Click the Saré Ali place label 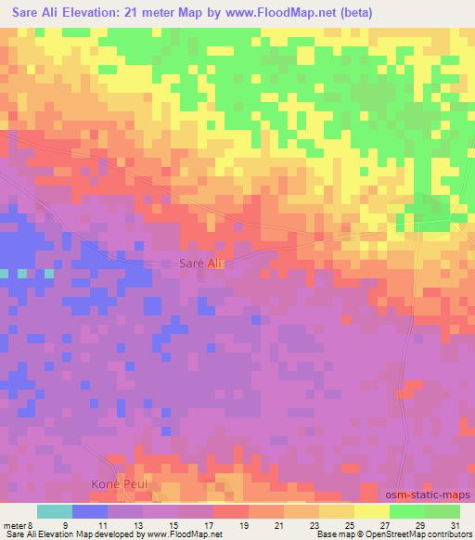[x=199, y=264]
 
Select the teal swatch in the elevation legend [x=55, y=511]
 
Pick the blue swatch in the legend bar [x=90, y=511]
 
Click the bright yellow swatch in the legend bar [x=372, y=511]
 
